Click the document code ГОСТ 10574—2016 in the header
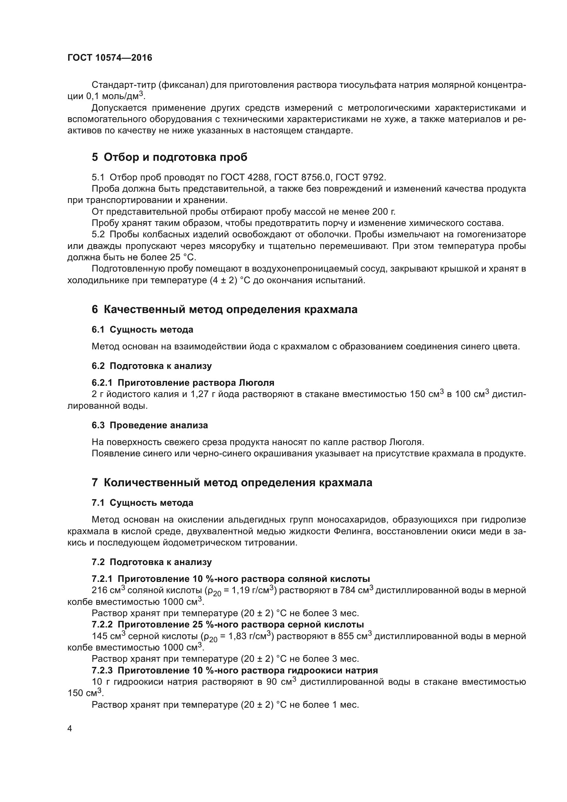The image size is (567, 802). click(110, 58)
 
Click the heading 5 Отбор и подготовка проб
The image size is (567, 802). click(169, 157)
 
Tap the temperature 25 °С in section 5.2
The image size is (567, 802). click(183, 258)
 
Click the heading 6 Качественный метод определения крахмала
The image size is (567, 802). click(225, 310)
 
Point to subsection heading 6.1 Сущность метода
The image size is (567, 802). click(143, 330)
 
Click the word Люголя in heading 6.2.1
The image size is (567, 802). click(256, 383)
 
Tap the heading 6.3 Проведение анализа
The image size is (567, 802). click(150, 426)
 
